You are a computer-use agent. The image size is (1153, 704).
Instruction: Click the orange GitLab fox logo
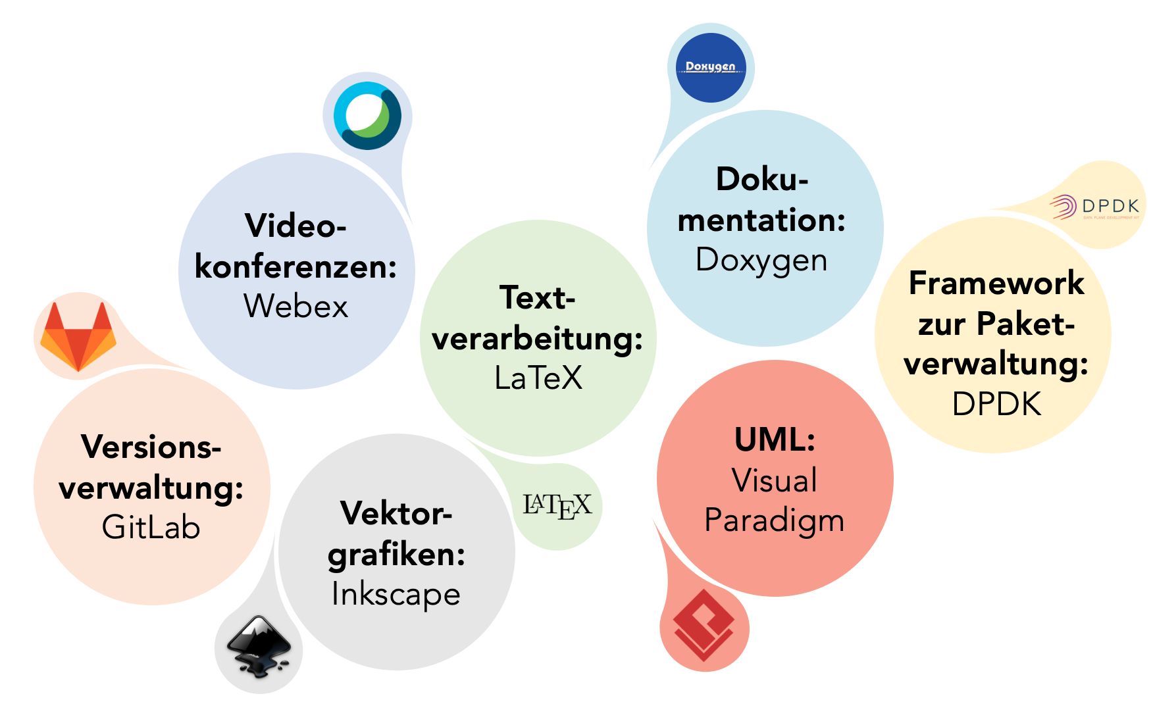(x=78, y=336)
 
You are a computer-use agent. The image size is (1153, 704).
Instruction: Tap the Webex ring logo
(x=367, y=116)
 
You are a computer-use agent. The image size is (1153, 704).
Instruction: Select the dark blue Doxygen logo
(x=711, y=68)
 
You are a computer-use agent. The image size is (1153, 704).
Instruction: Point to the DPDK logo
(x=1094, y=207)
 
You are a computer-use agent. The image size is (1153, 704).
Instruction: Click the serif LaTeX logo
(x=557, y=506)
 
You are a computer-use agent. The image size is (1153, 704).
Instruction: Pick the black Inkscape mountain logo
(x=259, y=646)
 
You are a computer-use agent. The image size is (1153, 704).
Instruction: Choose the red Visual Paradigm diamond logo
(x=704, y=625)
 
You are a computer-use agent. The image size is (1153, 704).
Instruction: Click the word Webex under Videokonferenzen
(x=295, y=306)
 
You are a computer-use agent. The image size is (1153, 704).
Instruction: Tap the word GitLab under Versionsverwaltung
(x=151, y=527)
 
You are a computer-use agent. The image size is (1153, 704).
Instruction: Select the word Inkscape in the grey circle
(x=396, y=594)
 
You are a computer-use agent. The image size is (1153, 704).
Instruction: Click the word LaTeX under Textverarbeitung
(x=538, y=378)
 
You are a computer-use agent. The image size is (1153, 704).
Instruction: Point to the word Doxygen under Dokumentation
(x=761, y=261)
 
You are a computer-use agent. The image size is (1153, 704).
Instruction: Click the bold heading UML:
(x=775, y=440)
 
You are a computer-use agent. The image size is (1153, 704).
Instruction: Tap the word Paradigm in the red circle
(x=775, y=521)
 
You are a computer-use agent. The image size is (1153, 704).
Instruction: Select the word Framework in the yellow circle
(x=996, y=283)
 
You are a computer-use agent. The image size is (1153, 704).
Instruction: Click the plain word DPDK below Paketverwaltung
(x=996, y=404)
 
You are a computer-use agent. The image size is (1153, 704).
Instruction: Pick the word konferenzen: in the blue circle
(x=295, y=267)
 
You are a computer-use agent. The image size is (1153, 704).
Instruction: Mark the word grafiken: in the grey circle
(x=396, y=555)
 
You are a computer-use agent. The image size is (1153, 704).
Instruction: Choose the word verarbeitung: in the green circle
(x=537, y=339)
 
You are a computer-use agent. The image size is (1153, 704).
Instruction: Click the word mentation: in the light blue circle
(x=761, y=220)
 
